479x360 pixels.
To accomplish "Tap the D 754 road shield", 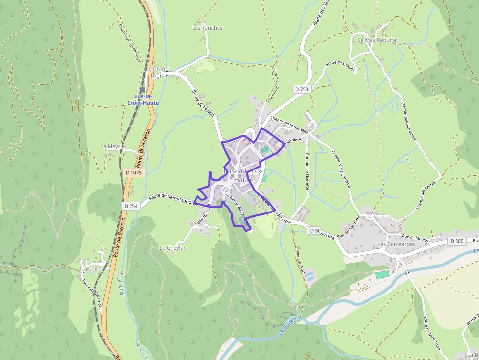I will tap(131, 206).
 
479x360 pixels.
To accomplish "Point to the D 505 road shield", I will tap(456, 241).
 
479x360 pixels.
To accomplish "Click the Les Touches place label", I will tap(207, 28).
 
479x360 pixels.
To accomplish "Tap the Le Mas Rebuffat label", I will tap(378, 40).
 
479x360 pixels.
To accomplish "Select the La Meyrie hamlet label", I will tap(112, 146).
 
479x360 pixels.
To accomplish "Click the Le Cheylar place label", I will tap(173, 248).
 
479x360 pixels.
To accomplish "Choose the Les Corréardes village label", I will tap(396, 244).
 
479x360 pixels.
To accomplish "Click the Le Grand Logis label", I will tap(157, 72).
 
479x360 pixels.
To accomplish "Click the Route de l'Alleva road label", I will tap(200, 101).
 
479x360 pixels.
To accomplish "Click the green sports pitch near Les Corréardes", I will tap(383, 274).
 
